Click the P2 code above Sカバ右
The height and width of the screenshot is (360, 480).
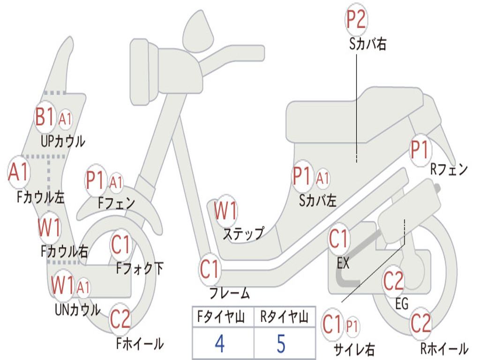[356, 19]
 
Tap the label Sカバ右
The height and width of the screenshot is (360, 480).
[367, 45]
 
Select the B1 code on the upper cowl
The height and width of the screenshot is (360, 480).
[45, 117]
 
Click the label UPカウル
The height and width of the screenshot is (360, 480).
[63, 141]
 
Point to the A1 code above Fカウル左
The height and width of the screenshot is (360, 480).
[19, 172]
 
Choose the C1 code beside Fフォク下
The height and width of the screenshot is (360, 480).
[121, 245]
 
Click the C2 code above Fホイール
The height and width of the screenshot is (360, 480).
[120, 319]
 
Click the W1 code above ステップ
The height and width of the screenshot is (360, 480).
[225, 211]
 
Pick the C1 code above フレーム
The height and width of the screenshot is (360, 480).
[210, 270]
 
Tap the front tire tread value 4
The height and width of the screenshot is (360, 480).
[219, 344]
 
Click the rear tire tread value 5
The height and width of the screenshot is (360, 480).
[281, 344]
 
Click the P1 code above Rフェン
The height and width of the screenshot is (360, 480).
[420, 150]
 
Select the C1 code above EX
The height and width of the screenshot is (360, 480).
[339, 240]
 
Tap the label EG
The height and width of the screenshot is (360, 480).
[402, 304]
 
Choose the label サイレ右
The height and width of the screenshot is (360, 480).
[354, 349]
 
